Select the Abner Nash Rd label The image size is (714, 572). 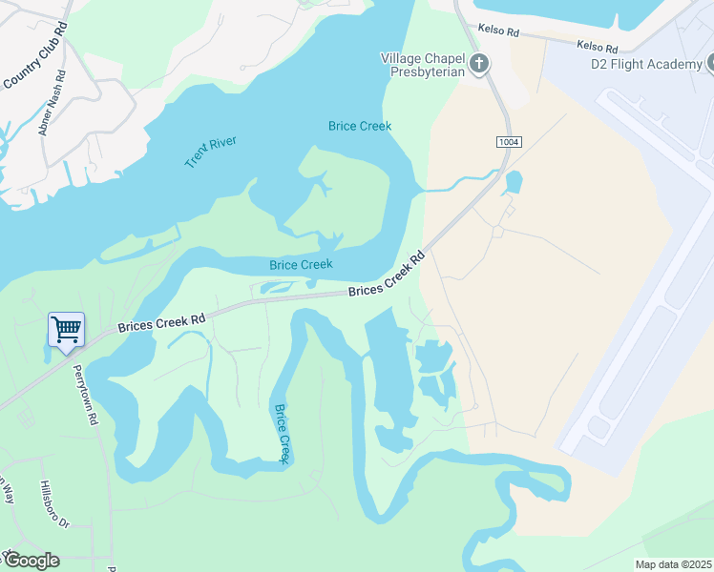(53, 102)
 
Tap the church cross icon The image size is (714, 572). (479, 64)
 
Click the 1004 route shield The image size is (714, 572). (509, 142)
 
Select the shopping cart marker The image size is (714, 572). (66, 331)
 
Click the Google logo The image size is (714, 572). (31, 561)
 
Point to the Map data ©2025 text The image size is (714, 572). (674, 564)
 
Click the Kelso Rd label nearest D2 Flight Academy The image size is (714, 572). (597, 46)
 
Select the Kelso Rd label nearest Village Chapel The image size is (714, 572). (500, 32)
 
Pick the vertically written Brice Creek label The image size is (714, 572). (283, 434)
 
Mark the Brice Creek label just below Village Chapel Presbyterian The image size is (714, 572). (360, 126)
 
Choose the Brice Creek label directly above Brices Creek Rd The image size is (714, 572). (301, 264)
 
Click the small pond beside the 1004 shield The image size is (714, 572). (514, 182)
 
